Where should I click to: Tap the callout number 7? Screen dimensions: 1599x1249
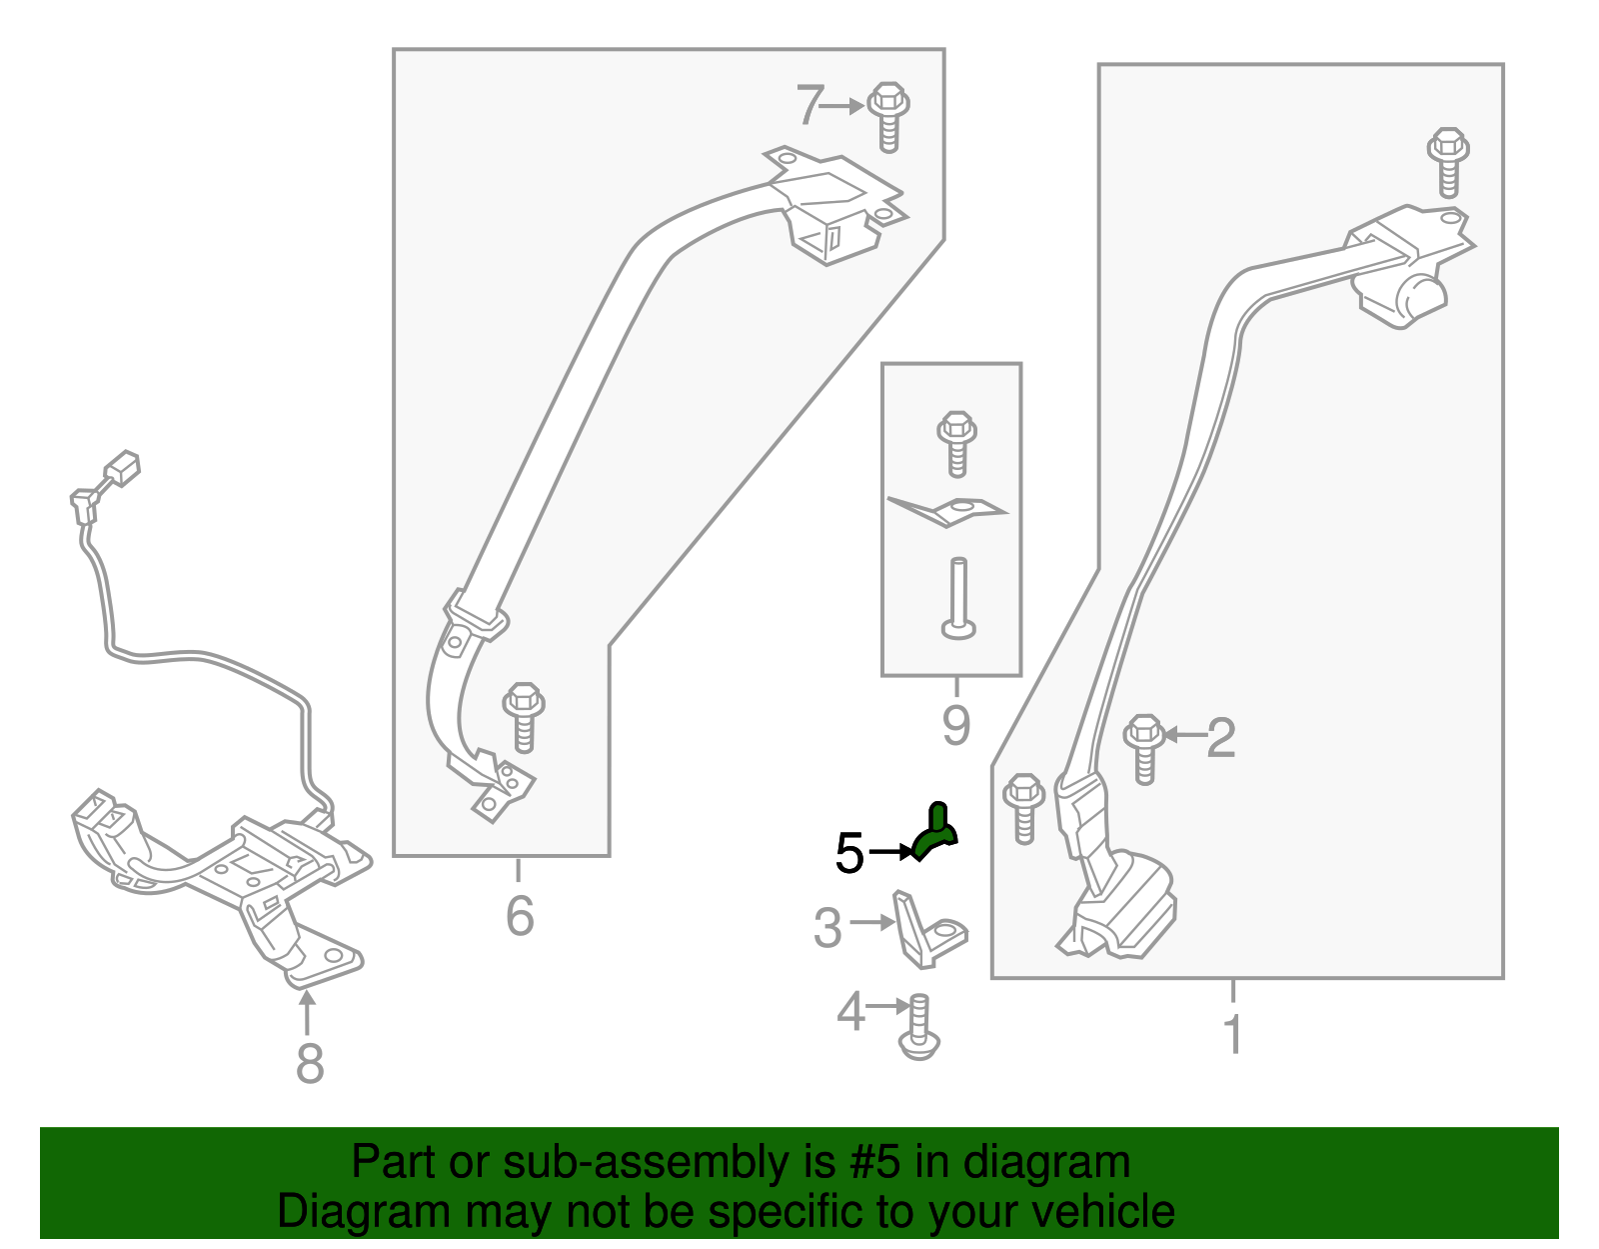pyautogui.click(x=810, y=105)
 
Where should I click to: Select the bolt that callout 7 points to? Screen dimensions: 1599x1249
pyautogui.click(x=888, y=118)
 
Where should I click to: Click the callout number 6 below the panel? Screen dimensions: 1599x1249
pyautogui.click(x=520, y=916)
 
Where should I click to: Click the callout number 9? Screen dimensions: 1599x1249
pyautogui.click(x=956, y=726)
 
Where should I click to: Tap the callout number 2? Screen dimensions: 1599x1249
pyautogui.click(x=1221, y=737)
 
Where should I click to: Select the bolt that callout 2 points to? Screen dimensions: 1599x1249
pyautogui.click(x=1144, y=749)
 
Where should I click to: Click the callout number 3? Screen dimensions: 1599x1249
pyautogui.click(x=827, y=927)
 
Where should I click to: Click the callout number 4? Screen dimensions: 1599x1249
pyautogui.click(x=850, y=1011)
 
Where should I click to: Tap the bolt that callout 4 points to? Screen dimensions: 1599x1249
pyautogui.click(x=919, y=1027)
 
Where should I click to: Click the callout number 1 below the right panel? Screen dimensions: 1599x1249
pyautogui.click(x=1232, y=1034)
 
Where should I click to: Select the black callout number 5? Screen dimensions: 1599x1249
pyautogui.click(x=849, y=854)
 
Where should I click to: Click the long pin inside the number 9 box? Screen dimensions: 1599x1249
pyautogui.click(x=958, y=598)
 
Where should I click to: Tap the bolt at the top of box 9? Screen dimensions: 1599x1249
pyautogui.click(x=956, y=445)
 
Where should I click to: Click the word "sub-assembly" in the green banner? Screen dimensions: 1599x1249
pyautogui.click(x=670, y=1163)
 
